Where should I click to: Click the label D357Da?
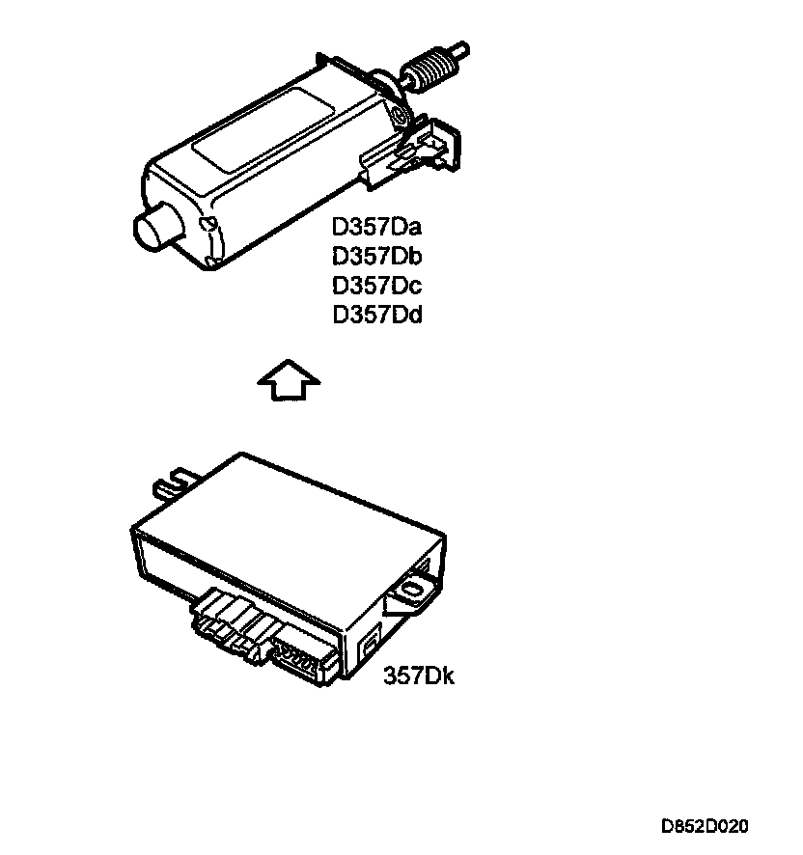pyautogui.click(x=377, y=229)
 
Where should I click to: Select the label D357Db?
pyautogui.click(x=377, y=257)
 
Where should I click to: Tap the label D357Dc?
pyautogui.click(x=377, y=286)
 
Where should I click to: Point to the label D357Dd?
pyautogui.click(x=377, y=315)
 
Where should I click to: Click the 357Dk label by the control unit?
pyautogui.click(x=419, y=676)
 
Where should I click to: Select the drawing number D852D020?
pyautogui.click(x=704, y=827)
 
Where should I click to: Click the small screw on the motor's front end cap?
pyautogui.click(x=206, y=223)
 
